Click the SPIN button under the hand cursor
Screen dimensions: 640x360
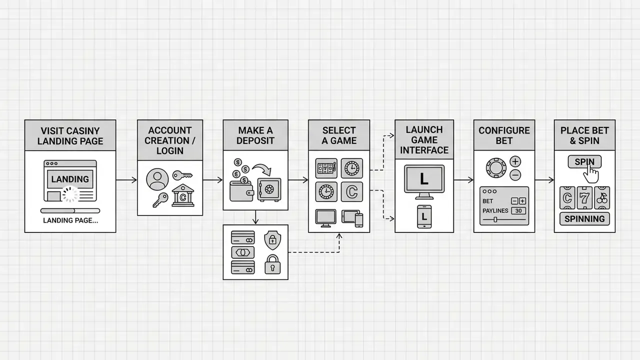(584, 161)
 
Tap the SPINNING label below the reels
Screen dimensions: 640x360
(584, 219)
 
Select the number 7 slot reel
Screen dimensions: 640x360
(584, 197)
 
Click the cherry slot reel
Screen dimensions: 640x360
(602, 197)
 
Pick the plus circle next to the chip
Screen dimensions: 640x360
(515, 161)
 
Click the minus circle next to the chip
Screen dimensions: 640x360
(515, 175)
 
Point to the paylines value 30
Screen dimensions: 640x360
(518, 211)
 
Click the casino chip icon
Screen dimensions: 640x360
(496, 168)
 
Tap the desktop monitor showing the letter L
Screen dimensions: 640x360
(424, 182)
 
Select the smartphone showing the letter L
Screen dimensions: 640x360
(424, 216)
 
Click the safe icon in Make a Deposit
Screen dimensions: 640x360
(269, 190)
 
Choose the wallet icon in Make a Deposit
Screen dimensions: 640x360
(241, 191)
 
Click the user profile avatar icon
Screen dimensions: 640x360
(157, 179)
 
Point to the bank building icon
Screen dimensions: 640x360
(183, 195)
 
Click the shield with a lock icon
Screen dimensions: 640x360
(272, 240)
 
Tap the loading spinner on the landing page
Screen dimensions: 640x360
(70, 194)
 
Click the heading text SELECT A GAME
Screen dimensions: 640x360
(339, 135)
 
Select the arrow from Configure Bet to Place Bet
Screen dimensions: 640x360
(544, 180)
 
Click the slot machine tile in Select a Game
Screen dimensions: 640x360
(326, 168)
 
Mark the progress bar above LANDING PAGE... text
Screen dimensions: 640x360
(70, 211)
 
